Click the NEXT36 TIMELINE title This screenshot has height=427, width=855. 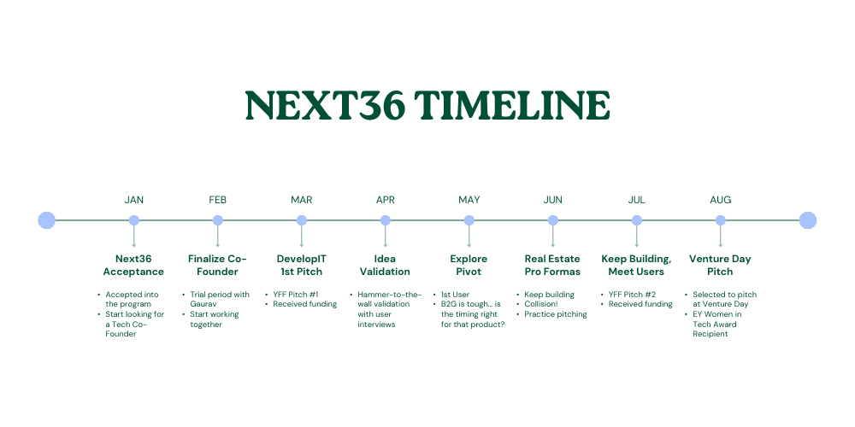[x=427, y=105]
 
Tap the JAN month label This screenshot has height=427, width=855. [x=134, y=200]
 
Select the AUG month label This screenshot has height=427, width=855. [x=720, y=200]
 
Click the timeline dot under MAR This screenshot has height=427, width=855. [x=302, y=220]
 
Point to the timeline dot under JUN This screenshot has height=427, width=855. [x=553, y=220]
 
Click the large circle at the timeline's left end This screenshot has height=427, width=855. [x=47, y=220]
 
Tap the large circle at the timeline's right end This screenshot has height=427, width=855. [x=808, y=220]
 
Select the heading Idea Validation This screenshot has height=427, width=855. [x=385, y=266]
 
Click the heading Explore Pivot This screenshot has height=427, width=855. [x=469, y=266]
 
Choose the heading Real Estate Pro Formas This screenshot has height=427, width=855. [x=552, y=266]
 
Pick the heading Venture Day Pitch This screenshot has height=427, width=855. [x=720, y=266]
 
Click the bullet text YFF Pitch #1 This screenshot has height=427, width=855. [x=296, y=295]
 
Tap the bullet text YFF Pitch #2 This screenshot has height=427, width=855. [x=632, y=295]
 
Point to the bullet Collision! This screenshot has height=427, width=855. [x=541, y=305]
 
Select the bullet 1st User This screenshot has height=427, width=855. [x=455, y=295]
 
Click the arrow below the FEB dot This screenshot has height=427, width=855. [x=217, y=237]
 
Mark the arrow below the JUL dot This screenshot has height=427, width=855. [x=636, y=237]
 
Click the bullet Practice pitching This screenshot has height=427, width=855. [x=556, y=314]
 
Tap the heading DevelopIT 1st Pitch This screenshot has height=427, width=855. [x=302, y=266]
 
